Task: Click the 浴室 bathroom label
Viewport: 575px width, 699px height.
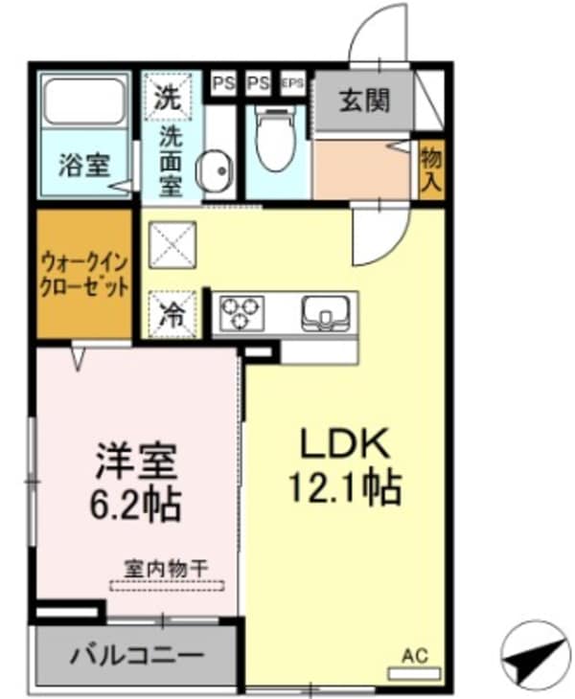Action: click(85, 165)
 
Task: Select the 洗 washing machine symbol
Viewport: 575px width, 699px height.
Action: click(169, 97)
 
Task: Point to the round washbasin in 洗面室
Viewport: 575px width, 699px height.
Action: click(214, 172)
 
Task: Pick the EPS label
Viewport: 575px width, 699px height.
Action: click(292, 83)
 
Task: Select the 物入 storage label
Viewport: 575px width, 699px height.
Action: click(431, 170)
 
